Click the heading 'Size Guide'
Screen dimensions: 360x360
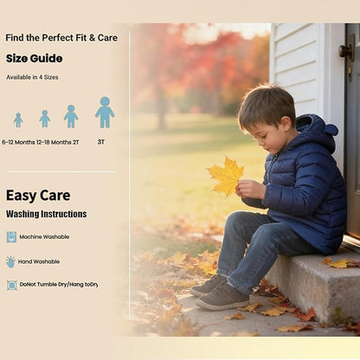click(34, 59)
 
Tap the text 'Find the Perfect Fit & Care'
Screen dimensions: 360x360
click(61, 38)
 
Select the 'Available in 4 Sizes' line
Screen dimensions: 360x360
click(33, 77)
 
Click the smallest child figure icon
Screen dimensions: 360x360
click(17, 119)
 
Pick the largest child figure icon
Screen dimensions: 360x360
click(105, 112)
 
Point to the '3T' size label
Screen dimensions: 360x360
click(101, 141)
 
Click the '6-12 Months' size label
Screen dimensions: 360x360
click(17, 141)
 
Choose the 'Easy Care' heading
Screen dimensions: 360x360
click(38, 196)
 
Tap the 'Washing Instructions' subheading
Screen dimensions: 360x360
click(47, 214)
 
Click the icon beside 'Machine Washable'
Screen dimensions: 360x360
click(11, 236)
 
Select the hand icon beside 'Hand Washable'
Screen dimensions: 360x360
click(11, 261)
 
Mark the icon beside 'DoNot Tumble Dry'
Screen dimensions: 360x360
click(11, 285)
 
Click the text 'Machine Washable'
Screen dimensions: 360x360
click(45, 236)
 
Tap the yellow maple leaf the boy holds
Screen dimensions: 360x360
click(226, 176)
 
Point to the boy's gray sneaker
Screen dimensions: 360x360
click(222, 297)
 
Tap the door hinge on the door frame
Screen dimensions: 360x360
click(347, 51)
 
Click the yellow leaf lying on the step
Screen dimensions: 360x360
click(338, 262)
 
